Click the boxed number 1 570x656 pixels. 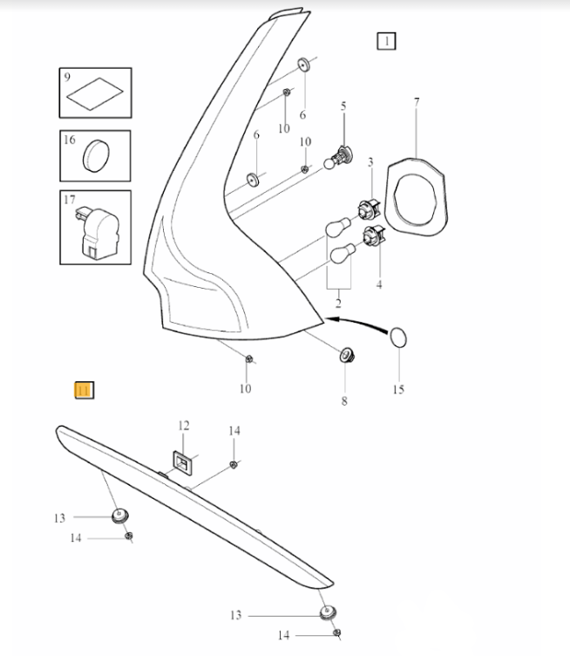(x=385, y=40)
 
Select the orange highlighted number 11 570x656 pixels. (x=85, y=391)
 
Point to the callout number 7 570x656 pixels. (x=416, y=103)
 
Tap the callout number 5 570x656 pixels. (x=343, y=106)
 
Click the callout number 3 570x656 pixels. (x=370, y=162)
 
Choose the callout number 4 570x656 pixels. (x=377, y=284)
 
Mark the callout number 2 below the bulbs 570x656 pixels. (x=337, y=304)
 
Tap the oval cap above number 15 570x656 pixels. (x=397, y=337)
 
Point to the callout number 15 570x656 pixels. (x=398, y=390)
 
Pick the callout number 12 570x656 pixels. (x=183, y=426)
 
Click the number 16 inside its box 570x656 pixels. (x=69, y=140)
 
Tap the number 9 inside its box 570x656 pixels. (x=65, y=78)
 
